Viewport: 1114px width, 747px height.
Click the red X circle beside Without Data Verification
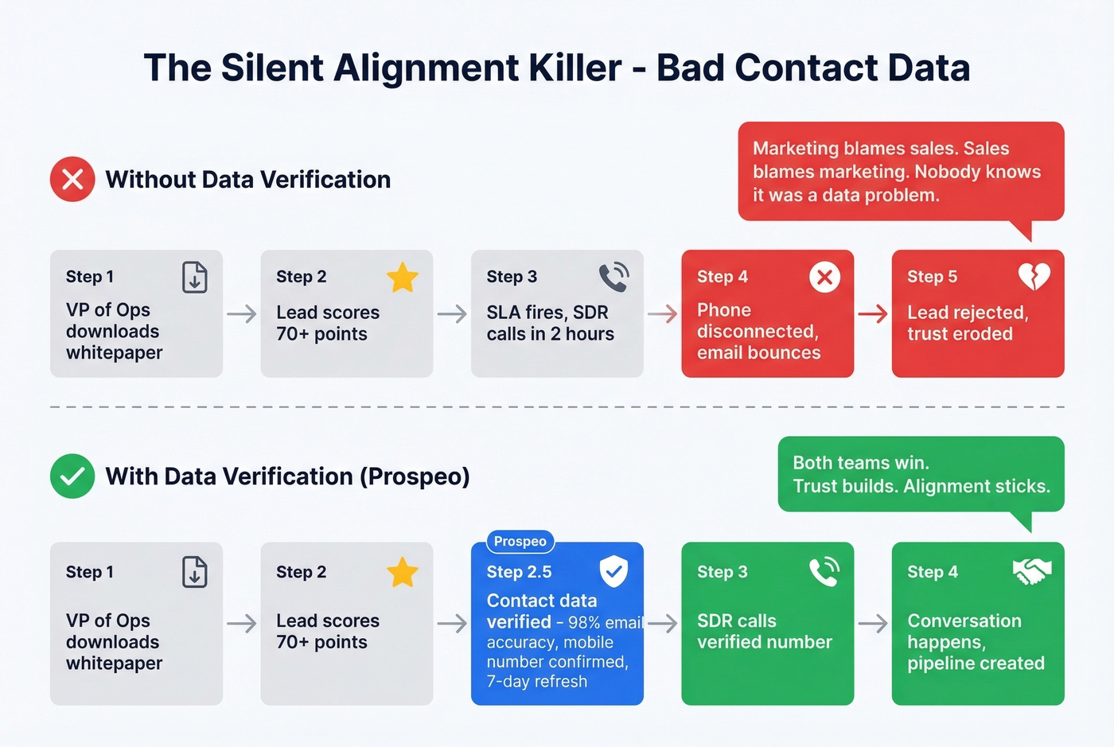[72, 179]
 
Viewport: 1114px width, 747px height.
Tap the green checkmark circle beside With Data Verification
[72, 476]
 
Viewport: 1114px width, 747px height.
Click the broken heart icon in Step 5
[1034, 277]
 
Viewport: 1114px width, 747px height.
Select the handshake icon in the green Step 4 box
[1031, 570]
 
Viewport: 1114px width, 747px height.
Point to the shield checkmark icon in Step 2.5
[613, 570]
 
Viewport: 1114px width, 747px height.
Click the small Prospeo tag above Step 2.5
[520, 542]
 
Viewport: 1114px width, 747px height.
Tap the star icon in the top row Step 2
[403, 278]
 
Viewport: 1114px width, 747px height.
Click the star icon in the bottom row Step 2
[403, 572]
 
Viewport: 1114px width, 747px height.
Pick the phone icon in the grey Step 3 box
[613, 277]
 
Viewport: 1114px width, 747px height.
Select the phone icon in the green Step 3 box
[824, 571]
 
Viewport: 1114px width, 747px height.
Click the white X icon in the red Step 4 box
[824, 277]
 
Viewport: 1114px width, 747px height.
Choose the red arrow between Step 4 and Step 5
[873, 314]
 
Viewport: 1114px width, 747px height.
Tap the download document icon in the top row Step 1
[195, 277]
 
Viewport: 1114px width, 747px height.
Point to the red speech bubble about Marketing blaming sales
[901, 171]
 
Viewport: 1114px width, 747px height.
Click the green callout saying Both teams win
[921, 474]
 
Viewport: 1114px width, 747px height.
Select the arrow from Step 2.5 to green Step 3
[663, 623]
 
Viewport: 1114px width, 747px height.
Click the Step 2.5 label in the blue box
[519, 572]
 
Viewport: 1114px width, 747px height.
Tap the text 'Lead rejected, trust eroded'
[968, 323]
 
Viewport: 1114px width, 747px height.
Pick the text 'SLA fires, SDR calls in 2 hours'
[550, 323]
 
